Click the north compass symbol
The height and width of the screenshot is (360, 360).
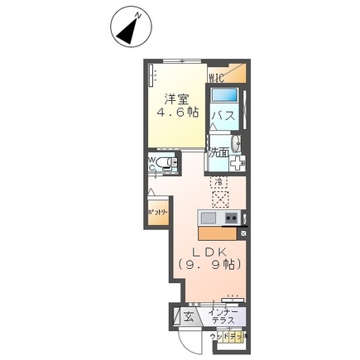[127, 30]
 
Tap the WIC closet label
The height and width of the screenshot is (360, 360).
[217, 77]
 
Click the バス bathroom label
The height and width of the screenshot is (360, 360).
[222, 115]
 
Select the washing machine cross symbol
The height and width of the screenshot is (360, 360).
[237, 163]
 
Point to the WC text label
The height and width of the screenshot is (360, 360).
[152, 163]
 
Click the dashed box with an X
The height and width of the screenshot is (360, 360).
[220, 198]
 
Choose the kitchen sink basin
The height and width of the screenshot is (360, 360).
[209, 218]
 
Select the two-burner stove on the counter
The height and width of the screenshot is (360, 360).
[232, 218]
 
